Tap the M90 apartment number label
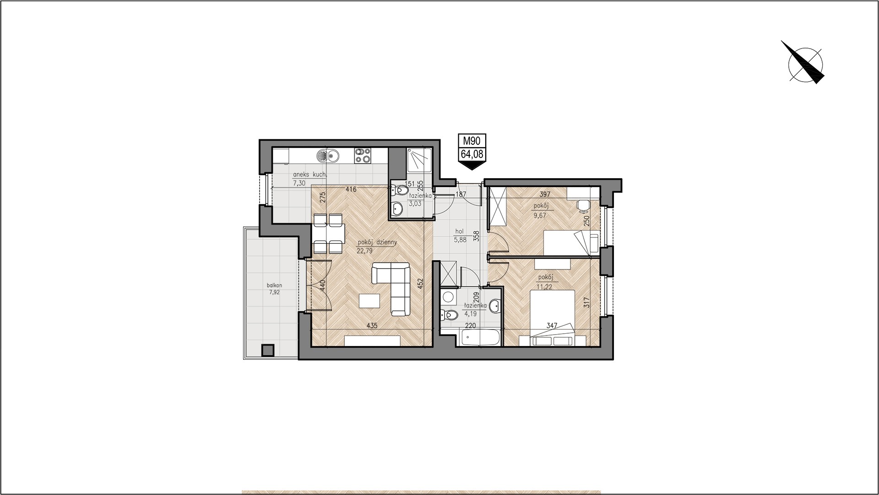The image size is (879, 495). (x=472, y=141)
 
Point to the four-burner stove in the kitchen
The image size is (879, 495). (x=362, y=155)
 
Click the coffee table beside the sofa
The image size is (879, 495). (x=369, y=301)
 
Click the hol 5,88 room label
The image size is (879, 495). (x=459, y=235)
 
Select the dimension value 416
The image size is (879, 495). (x=351, y=189)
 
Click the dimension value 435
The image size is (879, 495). (x=371, y=326)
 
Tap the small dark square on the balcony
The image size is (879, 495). (x=268, y=351)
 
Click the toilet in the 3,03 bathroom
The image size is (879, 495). (x=399, y=189)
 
